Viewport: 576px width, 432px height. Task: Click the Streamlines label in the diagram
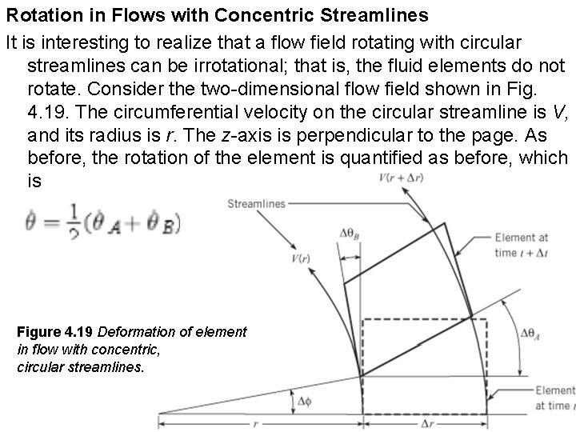(256, 204)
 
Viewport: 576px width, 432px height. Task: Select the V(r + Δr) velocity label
(401, 177)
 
